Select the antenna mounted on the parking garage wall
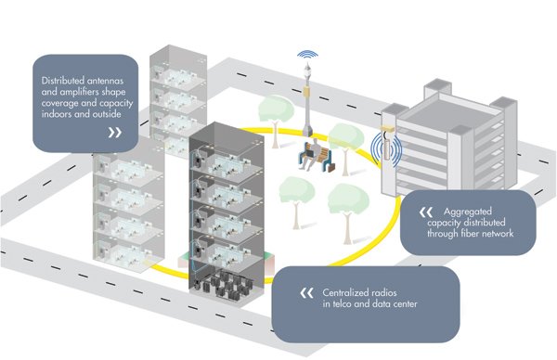pos(383,147)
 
